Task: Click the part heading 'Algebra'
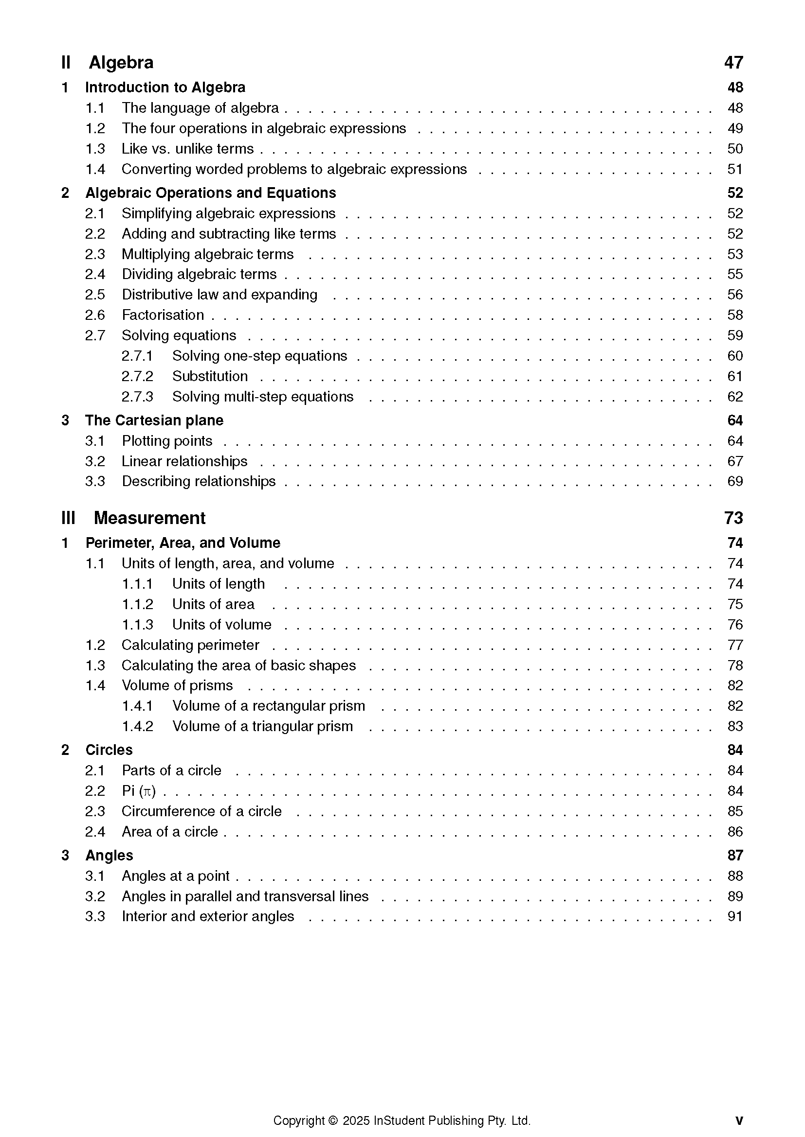(121, 63)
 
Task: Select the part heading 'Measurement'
(149, 518)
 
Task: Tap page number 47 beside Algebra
(733, 63)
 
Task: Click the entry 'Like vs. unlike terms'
(187, 149)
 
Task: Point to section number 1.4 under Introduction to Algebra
(95, 169)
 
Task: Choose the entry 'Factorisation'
(163, 315)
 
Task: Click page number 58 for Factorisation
(734, 315)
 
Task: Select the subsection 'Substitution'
(210, 376)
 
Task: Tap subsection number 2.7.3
(137, 397)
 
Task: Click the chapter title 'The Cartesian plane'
(154, 420)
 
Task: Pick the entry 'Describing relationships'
(198, 481)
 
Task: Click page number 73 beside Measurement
(733, 518)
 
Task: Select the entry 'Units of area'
(213, 604)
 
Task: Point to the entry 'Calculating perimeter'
(190, 645)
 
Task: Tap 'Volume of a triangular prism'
(262, 726)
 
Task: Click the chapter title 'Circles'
(109, 750)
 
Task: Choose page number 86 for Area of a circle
(734, 832)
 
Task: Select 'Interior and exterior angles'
(208, 917)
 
